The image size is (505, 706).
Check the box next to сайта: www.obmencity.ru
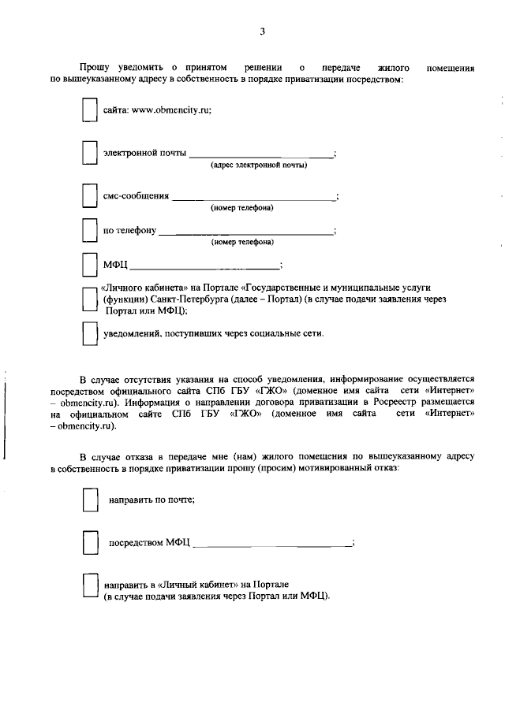click(x=90, y=111)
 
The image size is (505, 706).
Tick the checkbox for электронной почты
click(x=90, y=153)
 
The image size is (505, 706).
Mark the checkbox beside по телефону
click(x=90, y=230)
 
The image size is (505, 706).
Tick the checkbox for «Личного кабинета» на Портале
click(x=90, y=299)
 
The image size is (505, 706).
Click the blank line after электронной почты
click(x=260, y=155)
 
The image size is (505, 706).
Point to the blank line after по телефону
click(x=245, y=233)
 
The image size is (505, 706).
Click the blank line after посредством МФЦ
click(x=271, y=545)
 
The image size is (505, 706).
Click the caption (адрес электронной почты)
click(x=258, y=165)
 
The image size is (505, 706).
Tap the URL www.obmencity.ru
click(x=170, y=110)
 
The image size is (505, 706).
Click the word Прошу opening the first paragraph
click(x=95, y=68)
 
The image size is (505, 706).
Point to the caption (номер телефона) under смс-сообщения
click(x=241, y=208)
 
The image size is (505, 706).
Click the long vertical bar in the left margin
click(x=6, y=417)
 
